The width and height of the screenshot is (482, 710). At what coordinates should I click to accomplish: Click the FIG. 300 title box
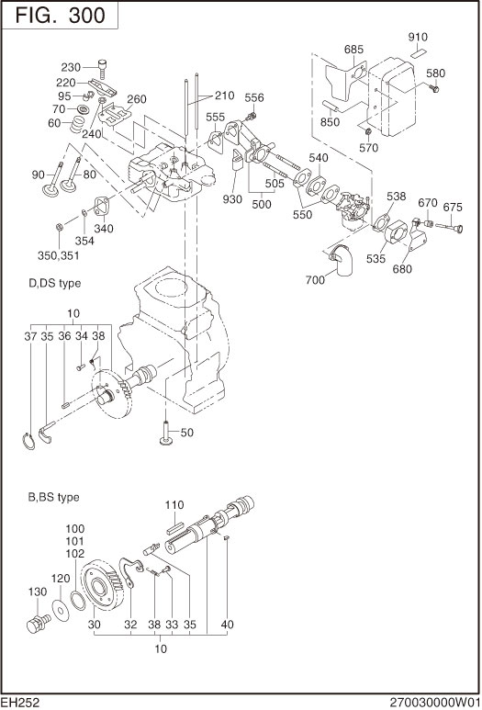(x=61, y=16)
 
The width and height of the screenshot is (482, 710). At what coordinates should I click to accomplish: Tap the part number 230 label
(x=72, y=67)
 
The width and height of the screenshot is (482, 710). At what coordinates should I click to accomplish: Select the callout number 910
(x=418, y=38)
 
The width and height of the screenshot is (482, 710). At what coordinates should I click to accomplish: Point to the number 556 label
(x=254, y=98)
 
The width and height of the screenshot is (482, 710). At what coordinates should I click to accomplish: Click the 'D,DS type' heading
(x=55, y=284)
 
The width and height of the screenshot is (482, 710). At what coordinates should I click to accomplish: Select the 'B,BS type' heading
(x=53, y=497)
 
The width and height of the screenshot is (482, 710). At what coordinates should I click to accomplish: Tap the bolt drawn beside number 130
(x=38, y=626)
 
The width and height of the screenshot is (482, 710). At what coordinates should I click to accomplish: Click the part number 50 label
(x=186, y=433)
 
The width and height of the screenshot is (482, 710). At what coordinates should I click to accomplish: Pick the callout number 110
(x=175, y=505)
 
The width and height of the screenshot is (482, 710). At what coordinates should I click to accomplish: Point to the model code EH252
(x=20, y=701)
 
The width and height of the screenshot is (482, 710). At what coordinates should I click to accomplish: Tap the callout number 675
(x=454, y=207)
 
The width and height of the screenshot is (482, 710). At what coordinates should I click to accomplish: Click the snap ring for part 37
(x=31, y=441)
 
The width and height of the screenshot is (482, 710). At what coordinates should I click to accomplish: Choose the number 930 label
(x=233, y=199)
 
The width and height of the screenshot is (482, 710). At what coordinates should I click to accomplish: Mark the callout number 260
(x=137, y=99)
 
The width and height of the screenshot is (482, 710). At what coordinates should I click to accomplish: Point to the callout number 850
(x=331, y=122)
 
